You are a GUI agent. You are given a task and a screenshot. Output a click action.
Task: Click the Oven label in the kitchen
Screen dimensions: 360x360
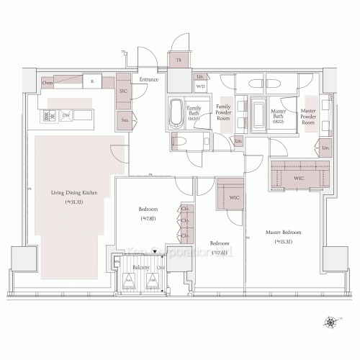click(x=48, y=83)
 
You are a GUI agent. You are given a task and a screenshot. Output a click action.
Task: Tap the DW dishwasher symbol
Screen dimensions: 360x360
click(x=66, y=114)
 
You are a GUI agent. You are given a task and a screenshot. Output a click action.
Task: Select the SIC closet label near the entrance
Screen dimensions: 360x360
click(x=123, y=91)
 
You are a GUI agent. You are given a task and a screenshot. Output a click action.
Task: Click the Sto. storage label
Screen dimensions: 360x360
click(x=125, y=121)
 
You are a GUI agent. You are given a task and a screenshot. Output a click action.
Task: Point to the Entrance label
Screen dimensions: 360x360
click(x=149, y=79)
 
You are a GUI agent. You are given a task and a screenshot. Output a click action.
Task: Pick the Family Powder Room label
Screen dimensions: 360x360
click(x=223, y=115)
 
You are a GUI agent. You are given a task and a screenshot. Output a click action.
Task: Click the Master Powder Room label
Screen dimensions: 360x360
click(x=307, y=117)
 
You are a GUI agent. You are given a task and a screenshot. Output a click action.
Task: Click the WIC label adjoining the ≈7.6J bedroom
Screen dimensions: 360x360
click(x=234, y=197)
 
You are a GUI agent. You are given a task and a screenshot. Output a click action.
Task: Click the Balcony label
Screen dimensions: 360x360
click(x=140, y=268)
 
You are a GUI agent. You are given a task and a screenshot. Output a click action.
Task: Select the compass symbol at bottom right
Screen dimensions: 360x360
click(x=331, y=322)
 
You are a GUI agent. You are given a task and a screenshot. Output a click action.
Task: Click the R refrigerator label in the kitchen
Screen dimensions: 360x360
click(x=92, y=82)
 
